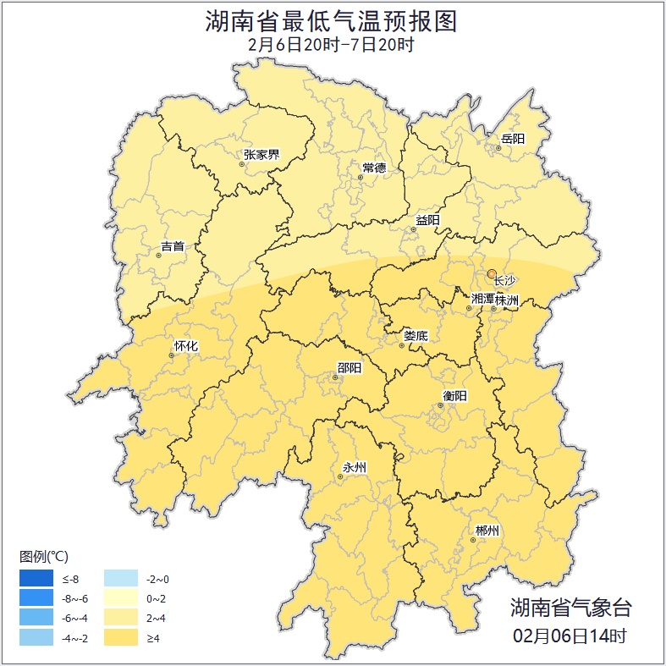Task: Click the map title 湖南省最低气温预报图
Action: pyautogui.click(x=332, y=21)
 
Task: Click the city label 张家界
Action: pyautogui.click(x=261, y=154)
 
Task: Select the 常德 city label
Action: pyautogui.click(x=374, y=168)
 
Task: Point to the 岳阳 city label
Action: pyautogui.click(x=513, y=139)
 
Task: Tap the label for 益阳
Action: pyautogui.click(x=427, y=220)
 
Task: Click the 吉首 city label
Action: pyautogui.click(x=172, y=247)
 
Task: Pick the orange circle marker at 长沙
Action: pyautogui.click(x=492, y=273)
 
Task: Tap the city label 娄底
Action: pyautogui.click(x=416, y=335)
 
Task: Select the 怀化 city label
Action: pyautogui.click(x=186, y=345)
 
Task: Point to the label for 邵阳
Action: pyautogui.click(x=349, y=367)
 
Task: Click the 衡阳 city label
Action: pyautogui.click(x=454, y=395)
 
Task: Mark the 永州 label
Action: pyautogui.click(x=355, y=467)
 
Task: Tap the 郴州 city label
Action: pyautogui.click(x=487, y=531)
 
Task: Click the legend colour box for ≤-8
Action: pyautogui.click(x=37, y=579)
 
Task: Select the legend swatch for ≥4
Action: pyautogui.click(x=119, y=637)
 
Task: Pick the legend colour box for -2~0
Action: pyautogui.click(x=119, y=579)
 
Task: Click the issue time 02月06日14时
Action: pyautogui.click(x=570, y=635)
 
